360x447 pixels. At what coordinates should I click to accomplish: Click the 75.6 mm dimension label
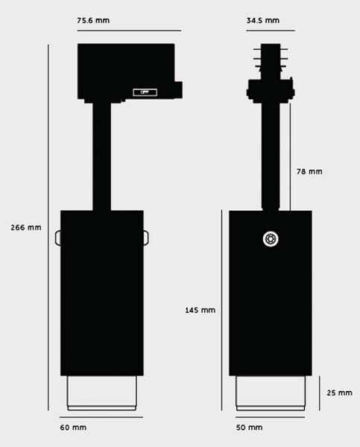click(93, 21)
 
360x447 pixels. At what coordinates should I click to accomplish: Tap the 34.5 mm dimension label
click(263, 21)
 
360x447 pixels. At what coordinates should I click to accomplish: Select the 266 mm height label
click(26, 227)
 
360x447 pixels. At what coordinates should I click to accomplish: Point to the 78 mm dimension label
click(309, 171)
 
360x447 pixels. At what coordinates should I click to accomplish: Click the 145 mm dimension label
click(200, 310)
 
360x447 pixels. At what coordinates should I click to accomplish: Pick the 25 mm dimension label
click(339, 393)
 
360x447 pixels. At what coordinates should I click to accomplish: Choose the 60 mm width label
click(73, 428)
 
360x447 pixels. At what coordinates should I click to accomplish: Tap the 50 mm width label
click(250, 428)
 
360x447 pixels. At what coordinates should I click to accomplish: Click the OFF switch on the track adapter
click(145, 92)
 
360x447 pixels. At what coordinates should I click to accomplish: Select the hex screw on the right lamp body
click(271, 239)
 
